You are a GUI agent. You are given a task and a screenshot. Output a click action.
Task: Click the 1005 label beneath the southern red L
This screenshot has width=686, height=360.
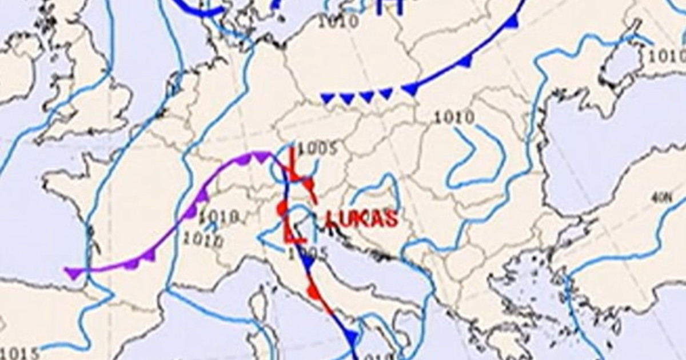pyautogui.click(x=309, y=252)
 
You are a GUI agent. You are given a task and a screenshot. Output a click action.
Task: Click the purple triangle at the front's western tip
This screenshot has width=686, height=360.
pyautogui.click(x=73, y=273)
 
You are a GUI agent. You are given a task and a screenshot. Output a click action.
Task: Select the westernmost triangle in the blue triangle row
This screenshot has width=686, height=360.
pyautogui.click(x=327, y=98)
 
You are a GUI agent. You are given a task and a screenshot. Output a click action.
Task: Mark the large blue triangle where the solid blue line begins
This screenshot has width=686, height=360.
pyautogui.click(x=409, y=89)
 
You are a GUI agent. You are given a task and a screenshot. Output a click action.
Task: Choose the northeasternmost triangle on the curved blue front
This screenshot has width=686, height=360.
pyautogui.click(x=512, y=22)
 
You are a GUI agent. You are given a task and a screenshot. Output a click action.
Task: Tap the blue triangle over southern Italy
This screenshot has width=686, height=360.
pyautogui.click(x=352, y=337)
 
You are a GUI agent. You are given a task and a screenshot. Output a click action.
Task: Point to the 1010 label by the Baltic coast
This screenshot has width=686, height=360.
pyautogui.click(x=338, y=22)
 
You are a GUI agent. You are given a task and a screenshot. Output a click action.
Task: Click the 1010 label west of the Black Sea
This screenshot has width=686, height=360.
pyautogui.click(x=454, y=118)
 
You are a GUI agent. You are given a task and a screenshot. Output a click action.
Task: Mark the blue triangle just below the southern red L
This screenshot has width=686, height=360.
pyautogui.click(x=308, y=263)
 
